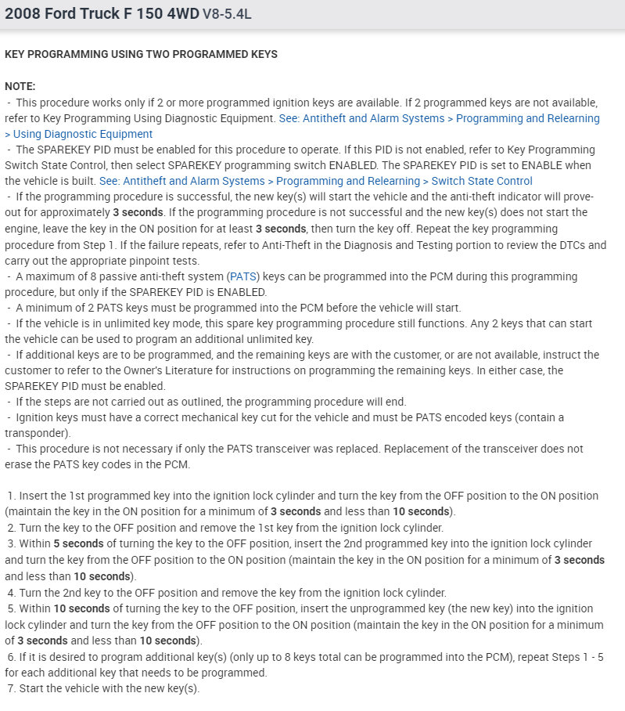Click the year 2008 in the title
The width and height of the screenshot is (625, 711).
pyautogui.click(x=22, y=13)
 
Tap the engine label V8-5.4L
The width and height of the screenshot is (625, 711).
pyautogui.click(x=228, y=14)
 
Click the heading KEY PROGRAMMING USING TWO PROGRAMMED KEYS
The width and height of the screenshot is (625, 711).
pyautogui.click(x=141, y=54)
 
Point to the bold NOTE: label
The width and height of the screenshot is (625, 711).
pyautogui.click(x=20, y=86)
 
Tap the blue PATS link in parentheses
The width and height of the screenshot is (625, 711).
pyautogui.click(x=240, y=276)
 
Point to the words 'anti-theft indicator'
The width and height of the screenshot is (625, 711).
pyautogui.click(x=452, y=197)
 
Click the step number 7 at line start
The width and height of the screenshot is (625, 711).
pyautogui.click(x=11, y=688)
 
